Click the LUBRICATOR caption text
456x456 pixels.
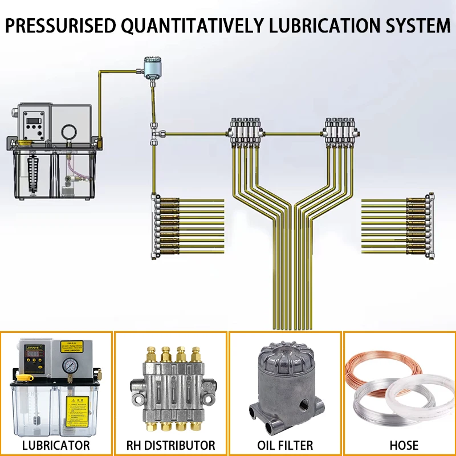(x=56, y=445)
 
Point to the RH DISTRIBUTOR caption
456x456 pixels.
(x=171, y=445)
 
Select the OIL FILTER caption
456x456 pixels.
(x=285, y=445)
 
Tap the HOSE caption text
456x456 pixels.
(x=400, y=445)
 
